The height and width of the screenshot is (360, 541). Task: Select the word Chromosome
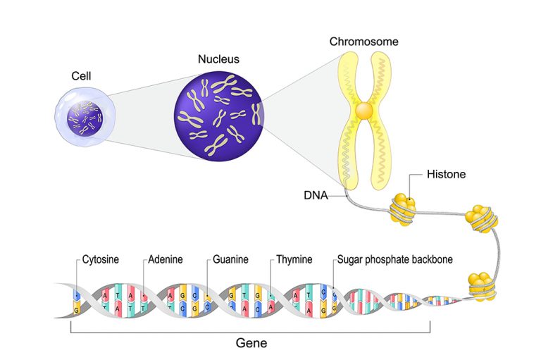coord(363,42)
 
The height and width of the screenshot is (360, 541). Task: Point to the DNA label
coord(316,196)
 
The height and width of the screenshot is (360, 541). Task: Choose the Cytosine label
coord(101,260)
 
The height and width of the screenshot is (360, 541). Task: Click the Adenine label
coord(166,260)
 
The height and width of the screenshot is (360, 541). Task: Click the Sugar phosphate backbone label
coord(394,260)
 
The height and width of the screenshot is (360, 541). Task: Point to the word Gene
coord(251,344)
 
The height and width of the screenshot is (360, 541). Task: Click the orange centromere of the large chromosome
coord(363,111)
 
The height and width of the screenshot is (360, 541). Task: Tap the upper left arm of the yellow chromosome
coord(349,77)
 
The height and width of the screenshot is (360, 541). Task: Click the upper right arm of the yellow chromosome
coord(380,77)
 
